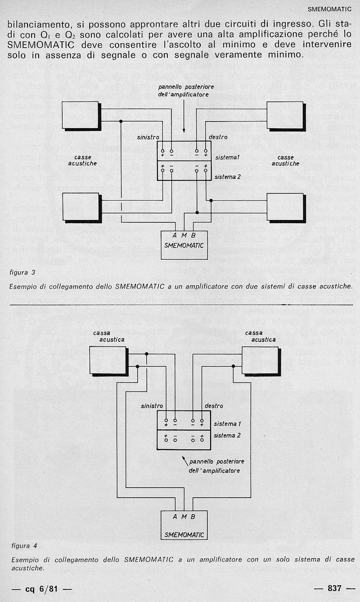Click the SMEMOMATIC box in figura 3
[184, 245]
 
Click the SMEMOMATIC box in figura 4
[184, 525]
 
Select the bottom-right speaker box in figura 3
[286, 208]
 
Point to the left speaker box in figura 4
[109, 361]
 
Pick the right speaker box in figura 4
[261, 361]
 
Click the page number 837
[334, 589]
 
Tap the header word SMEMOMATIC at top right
[329, 9]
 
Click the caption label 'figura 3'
[22, 273]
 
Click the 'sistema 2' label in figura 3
[227, 177]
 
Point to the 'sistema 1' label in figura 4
[227, 424]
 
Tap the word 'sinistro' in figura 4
[152, 406]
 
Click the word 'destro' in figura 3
[218, 137]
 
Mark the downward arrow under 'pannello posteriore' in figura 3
[184, 116]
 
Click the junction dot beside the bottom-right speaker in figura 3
[211, 201]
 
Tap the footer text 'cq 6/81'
[41, 589]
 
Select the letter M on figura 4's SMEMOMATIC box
[184, 517]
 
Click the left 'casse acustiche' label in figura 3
[82, 161]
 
